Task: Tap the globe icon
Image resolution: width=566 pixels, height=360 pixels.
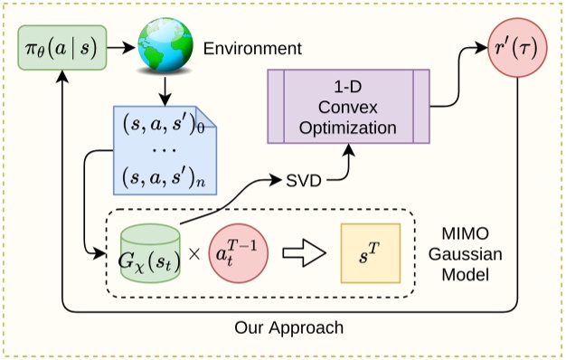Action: pyautogui.click(x=164, y=47)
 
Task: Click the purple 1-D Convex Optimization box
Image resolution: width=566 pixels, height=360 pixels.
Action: pyautogui.click(x=347, y=108)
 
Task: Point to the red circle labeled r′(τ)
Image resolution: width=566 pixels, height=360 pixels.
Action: pyautogui.click(x=515, y=47)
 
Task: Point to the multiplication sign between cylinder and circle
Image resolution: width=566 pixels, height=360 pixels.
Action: pyautogui.click(x=193, y=253)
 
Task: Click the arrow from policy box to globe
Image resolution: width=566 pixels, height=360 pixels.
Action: pyautogui.click(x=123, y=47)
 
